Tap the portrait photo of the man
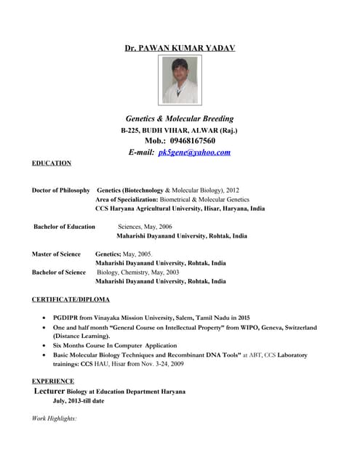click(180, 81)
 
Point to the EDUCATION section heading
click(52, 163)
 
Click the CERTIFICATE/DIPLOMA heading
click(71, 299)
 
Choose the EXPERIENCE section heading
click(53, 381)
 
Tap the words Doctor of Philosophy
click(61, 190)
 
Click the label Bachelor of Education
click(65, 227)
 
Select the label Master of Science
click(56, 254)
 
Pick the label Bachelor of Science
click(59, 272)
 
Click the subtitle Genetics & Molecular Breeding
click(180, 118)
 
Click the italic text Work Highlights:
click(55, 418)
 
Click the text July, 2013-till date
click(79, 401)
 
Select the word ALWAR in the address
click(201, 130)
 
